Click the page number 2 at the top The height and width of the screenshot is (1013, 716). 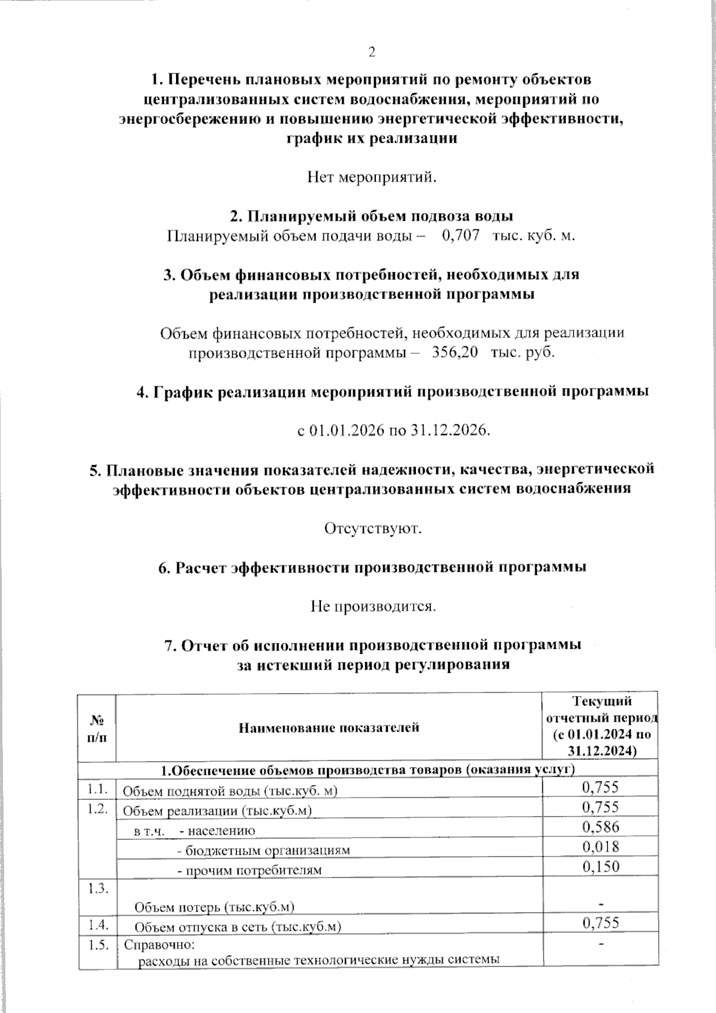pyautogui.click(x=372, y=53)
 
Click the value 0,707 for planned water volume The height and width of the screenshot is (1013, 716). pyautogui.click(x=461, y=236)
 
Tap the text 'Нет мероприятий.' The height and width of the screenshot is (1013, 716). pyautogui.click(x=372, y=177)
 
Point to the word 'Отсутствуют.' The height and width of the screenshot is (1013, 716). pyautogui.click(x=373, y=528)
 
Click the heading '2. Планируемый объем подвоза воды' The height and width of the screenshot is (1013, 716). pyautogui.click(x=372, y=215)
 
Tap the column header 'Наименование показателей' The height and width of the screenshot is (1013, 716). pyautogui.click(x=329, y=727)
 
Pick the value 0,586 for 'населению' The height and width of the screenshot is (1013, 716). pyautogui.click(x=600, y=827)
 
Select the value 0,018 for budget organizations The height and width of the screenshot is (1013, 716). pyautogui.click(x=600, y=846)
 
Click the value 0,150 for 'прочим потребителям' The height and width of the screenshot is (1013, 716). pyautogui.click(x=600, y=866)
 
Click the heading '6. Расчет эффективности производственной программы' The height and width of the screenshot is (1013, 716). pyautogui.click(x=372, y=568)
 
